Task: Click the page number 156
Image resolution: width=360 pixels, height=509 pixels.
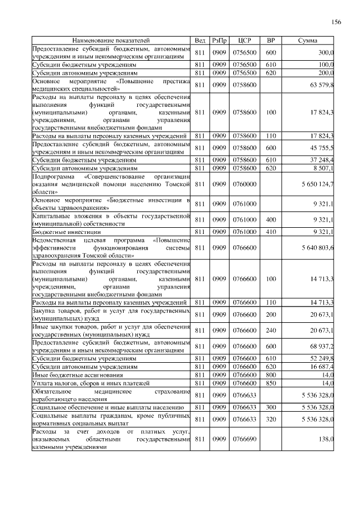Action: [x=336, y=22]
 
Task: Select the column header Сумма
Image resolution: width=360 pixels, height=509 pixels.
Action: [x=307, y=41]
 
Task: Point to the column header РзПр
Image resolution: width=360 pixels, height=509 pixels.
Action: [x=219, y=41]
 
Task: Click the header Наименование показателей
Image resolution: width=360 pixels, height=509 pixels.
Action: [x=111, y=41]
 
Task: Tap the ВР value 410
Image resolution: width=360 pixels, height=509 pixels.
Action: [x=271, y=231]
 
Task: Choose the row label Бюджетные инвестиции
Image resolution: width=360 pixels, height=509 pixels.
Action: [x=67, y=232]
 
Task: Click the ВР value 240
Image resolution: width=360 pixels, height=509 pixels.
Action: [x=271, y=330]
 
